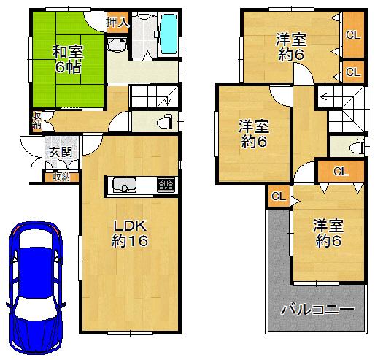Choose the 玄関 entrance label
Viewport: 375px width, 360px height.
point(61,152)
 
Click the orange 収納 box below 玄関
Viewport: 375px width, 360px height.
point(61,176)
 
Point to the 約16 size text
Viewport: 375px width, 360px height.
point(131,242)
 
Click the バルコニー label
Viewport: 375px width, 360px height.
point(318,310)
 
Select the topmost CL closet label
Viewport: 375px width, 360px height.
point(352,34)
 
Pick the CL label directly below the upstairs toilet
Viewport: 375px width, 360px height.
point(340,171)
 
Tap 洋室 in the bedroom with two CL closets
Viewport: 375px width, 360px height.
point(290,39)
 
